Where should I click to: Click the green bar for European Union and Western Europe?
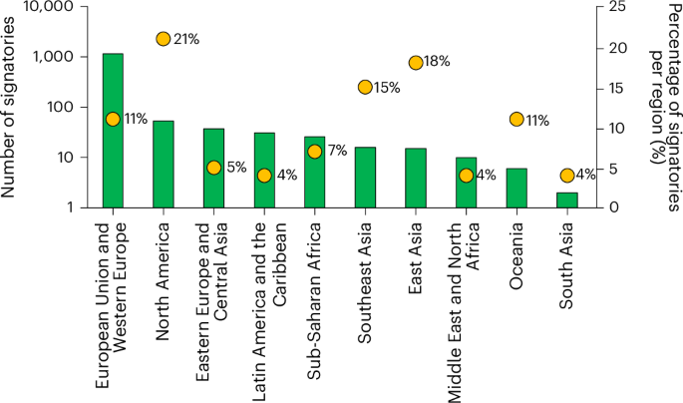113,131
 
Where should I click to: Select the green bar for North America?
164,165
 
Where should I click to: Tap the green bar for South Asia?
566,201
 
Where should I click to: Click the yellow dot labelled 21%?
164,39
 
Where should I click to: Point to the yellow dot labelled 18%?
416,63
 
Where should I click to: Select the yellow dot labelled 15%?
365,88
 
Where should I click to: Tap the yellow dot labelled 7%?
315,152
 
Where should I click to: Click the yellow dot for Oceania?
516,120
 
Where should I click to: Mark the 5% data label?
236,168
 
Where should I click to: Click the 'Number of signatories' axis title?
12,105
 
